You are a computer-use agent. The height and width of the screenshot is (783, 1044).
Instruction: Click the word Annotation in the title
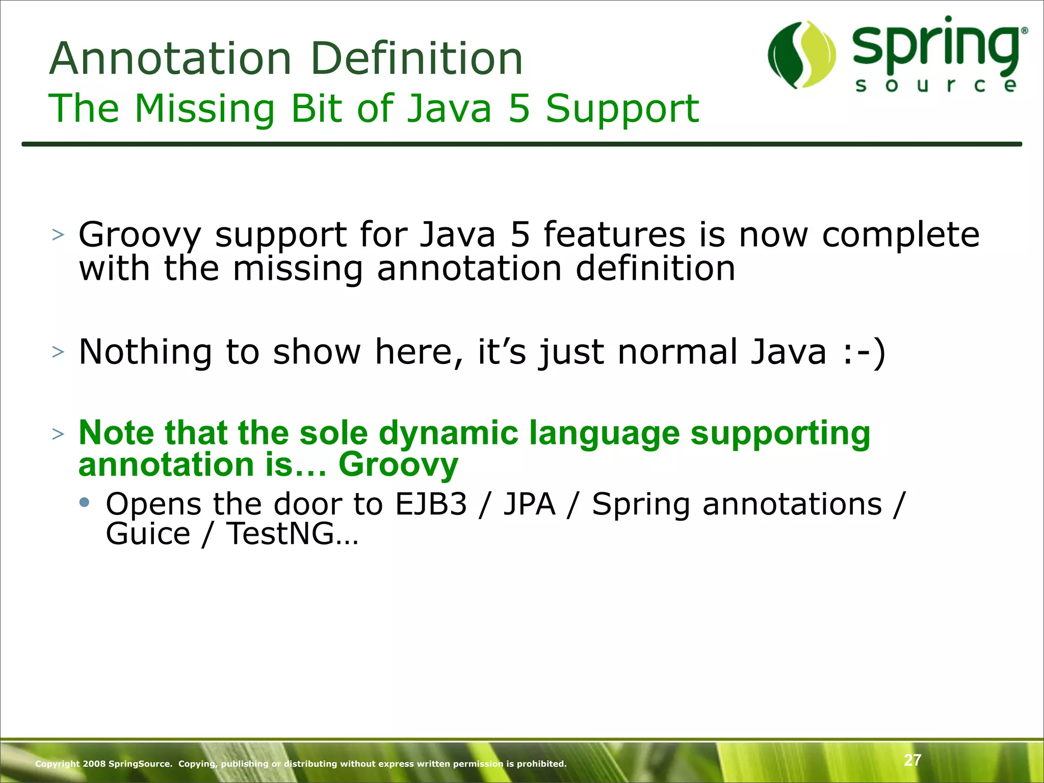[170, 59]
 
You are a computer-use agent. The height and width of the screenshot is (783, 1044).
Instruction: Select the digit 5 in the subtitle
[519, 109]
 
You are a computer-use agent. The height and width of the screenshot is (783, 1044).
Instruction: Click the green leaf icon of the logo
[801, 55]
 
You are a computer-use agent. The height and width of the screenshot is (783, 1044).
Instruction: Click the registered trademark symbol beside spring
[1024, 31]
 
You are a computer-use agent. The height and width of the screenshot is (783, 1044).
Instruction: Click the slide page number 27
[912, 760]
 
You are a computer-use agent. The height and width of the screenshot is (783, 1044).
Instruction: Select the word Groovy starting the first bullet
[140, 236]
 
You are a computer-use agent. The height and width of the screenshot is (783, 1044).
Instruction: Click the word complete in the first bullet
[900, 236]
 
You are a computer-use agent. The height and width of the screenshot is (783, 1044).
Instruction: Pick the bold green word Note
[116, 433]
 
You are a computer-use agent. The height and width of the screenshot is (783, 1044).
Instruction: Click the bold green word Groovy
[398, 465]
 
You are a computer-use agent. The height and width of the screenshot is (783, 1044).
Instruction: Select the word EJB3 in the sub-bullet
[431, 504]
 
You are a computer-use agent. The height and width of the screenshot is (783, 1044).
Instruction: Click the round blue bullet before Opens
[85, 503]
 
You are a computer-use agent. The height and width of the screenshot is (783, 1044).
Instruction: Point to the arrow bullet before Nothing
[58, 352]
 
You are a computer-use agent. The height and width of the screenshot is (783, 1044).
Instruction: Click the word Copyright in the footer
[57, 764]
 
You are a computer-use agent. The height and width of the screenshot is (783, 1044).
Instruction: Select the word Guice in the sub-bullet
[148, 534]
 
